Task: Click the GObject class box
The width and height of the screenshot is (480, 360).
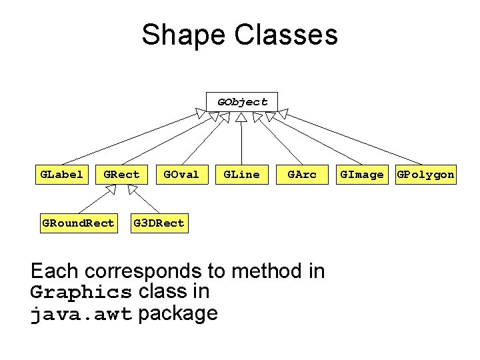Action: tap(242, 102)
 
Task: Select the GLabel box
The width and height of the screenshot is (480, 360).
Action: tap(62, 175)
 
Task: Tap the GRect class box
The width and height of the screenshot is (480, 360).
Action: tap(121, 175)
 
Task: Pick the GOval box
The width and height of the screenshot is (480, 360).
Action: tap(181, 175)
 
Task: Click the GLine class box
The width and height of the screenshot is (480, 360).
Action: tap(241, 175)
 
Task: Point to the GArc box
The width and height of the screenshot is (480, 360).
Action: tap(301, 175)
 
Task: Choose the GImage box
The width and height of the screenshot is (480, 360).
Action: tap(362, 175)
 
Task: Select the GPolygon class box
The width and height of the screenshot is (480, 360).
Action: tap(425, 175)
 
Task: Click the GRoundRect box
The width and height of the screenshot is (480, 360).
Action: tap(78, 223)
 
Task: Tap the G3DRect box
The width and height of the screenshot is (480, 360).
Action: tap(159, 223)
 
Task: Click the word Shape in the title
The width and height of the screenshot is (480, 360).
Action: tap(178, 35)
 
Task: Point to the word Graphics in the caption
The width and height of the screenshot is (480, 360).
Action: tap(81, 292)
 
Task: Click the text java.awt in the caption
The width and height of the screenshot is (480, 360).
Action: tap(81, 314)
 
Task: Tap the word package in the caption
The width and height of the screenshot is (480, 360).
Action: tap(178, 314)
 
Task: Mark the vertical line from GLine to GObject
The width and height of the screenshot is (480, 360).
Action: tap(242, 143)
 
